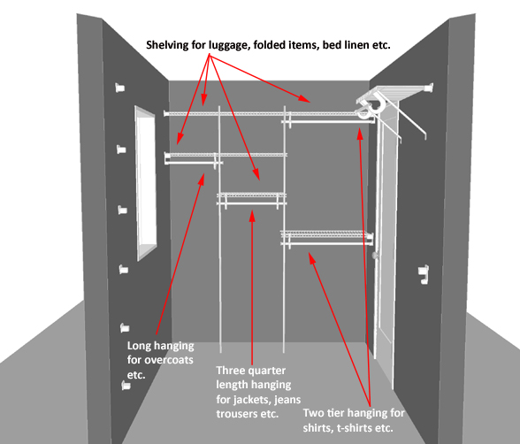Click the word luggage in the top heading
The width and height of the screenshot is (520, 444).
pyautogui.click(x=228, y=45)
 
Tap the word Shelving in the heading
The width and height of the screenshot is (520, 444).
pyautogui.click(x=167, y=45)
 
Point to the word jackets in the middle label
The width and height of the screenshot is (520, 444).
pyautogui.click(x=253, y=400)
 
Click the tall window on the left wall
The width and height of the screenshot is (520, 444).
pyautogui.click(x=146, y=183)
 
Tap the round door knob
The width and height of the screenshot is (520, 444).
pyautogui.click(x=375, y=256)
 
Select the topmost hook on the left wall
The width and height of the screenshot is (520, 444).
pyautogui.click(x=119, y=88)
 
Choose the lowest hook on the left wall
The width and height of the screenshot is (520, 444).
pyautogui.click(x=126, y=386)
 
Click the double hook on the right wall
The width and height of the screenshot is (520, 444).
pyautogui.click(x=424, y=274)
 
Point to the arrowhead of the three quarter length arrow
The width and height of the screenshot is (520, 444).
pyautogui.click(x=252, y=216)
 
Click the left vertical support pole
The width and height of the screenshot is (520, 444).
pyautogui.click(x=220, y=229)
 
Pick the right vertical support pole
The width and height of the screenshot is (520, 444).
pyautogui.click(x=284, y=229)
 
